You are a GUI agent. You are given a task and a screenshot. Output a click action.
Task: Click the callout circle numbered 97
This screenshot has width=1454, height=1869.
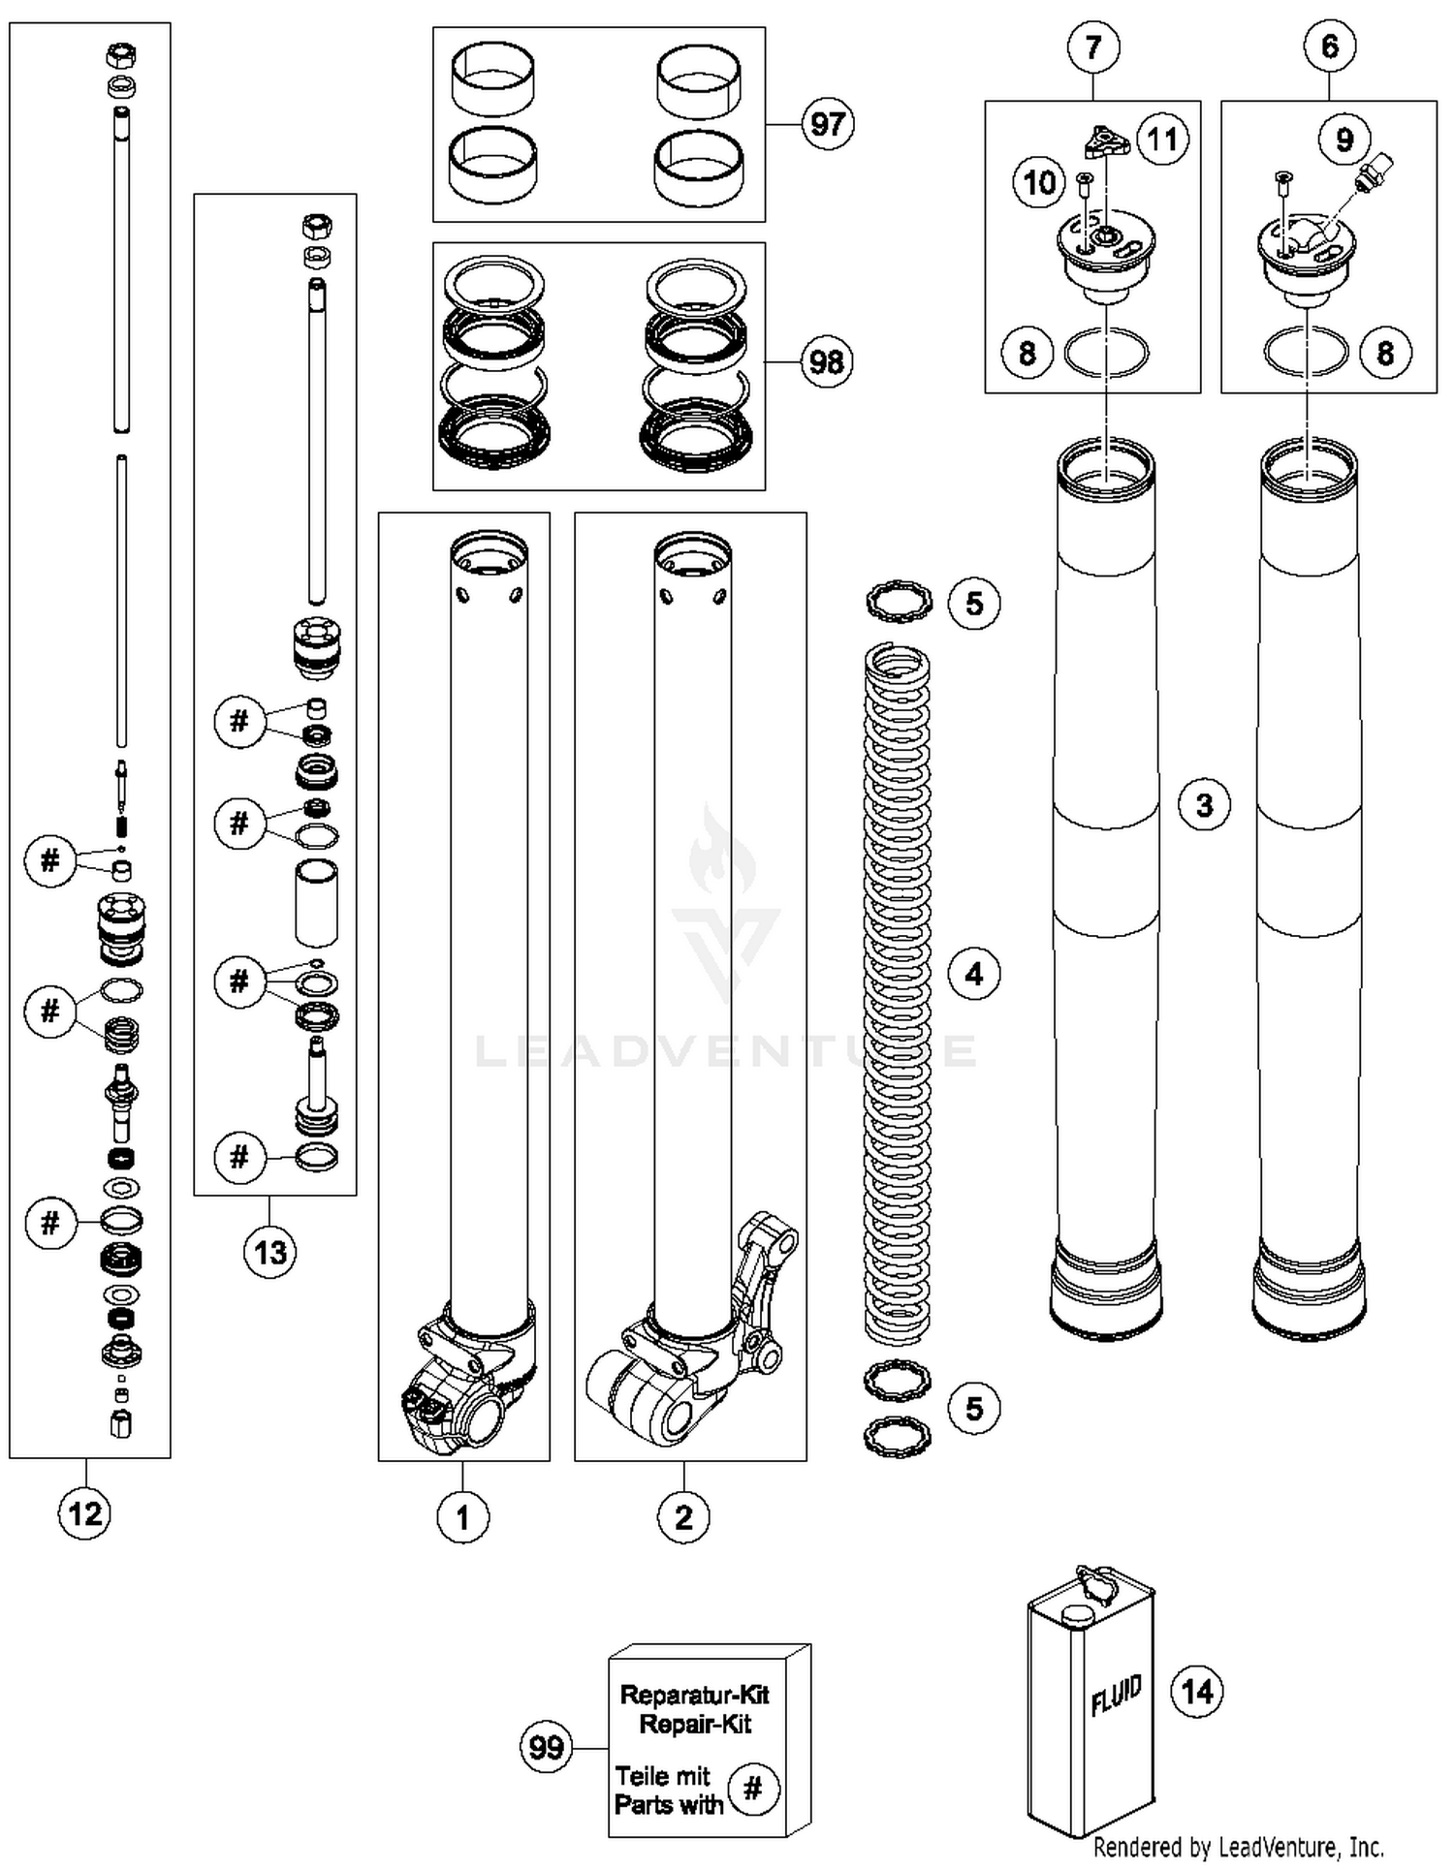(827, 124)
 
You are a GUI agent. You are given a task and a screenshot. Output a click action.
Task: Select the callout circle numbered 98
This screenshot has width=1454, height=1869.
(826, 362)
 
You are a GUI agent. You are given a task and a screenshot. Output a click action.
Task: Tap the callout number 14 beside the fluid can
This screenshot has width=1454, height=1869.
(1197, 1691)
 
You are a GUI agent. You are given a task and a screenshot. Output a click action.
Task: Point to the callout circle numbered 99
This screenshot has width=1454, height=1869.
(546, 1747)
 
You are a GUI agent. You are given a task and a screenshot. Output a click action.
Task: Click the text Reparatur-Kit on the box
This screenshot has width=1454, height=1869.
(694, 1695)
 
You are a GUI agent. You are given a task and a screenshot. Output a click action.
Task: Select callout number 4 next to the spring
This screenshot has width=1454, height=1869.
(974, 973)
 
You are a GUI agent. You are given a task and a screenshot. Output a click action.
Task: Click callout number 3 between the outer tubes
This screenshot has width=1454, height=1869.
(1204, 804)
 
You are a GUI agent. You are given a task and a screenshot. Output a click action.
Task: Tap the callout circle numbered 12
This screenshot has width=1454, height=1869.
(85, 1512)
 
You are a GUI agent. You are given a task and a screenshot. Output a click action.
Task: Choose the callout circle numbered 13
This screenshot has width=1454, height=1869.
(269, 1252)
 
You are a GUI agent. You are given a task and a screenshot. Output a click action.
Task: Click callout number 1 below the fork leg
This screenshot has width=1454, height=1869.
(462, 1517)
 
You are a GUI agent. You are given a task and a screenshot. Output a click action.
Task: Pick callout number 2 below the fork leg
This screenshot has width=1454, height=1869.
(683, 1517)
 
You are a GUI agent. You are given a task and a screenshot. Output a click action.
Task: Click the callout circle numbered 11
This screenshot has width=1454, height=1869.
(1161, 140)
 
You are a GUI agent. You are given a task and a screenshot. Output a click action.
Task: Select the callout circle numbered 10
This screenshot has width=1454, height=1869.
(1039, 182)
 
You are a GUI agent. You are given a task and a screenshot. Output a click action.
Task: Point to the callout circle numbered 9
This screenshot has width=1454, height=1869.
(1344, 140)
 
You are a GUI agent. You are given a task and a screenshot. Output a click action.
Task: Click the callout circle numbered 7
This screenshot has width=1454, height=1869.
(1093, 47)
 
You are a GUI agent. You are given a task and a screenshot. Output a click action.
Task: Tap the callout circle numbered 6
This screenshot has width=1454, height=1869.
(1329, 46)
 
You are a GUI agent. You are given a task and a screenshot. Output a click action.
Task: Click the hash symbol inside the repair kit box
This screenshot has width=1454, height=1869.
(753, 1789)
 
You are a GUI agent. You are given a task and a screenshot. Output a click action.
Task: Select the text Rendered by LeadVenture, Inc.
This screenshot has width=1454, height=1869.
(1238, 1848)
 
